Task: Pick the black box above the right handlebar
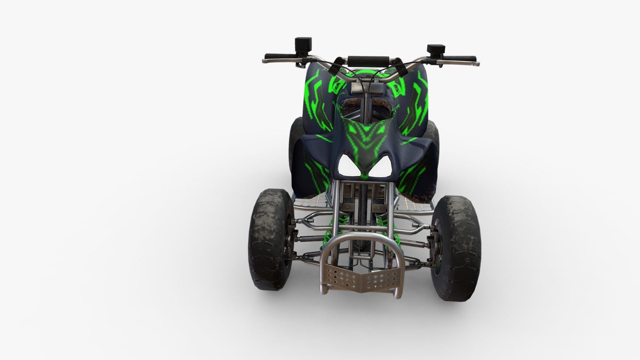(x=436, y=49)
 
